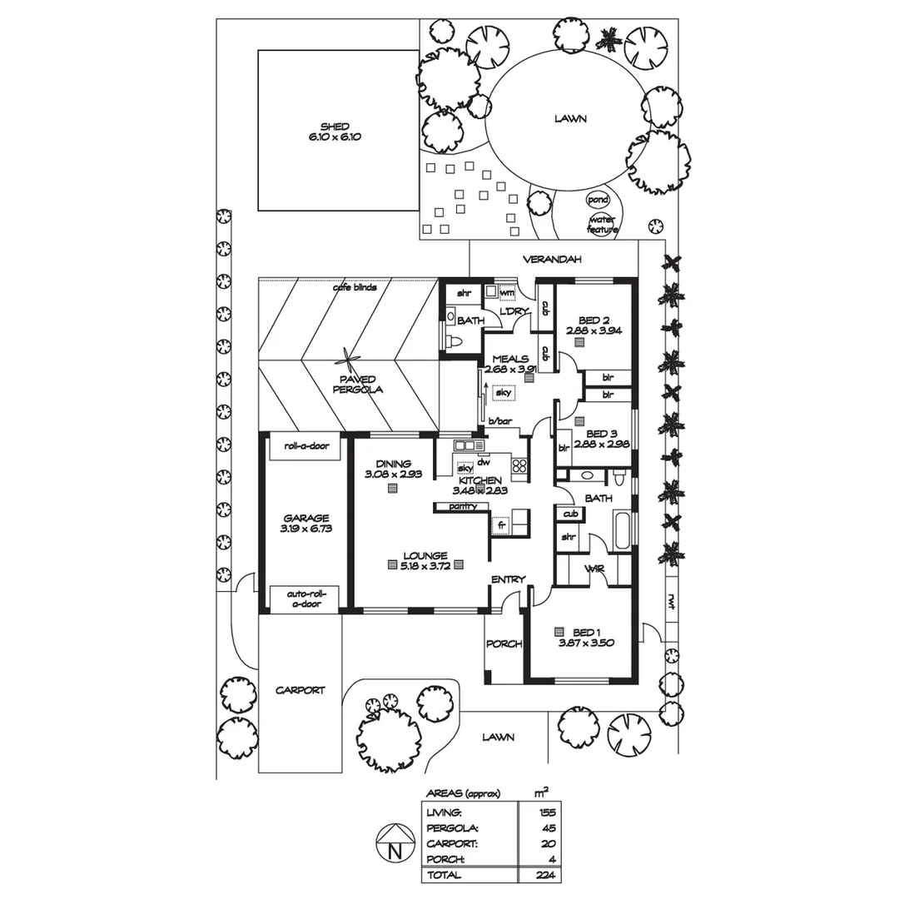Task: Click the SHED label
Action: [335, 127]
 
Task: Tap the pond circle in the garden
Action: [598, 200]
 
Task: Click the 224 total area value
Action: [546, 875]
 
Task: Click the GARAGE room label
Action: [305, 518]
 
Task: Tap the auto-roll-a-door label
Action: [305, 599]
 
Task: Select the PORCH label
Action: [504, 643]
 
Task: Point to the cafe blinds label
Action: [355, 288]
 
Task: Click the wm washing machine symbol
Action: [506, 292]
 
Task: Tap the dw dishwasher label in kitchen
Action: [483, 461]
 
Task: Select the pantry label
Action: [463, 506]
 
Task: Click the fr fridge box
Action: [502, 525]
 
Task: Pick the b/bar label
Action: [499, 420]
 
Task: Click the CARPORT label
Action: [300, 690]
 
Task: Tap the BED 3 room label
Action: [601, 434]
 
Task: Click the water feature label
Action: [602, 224]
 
